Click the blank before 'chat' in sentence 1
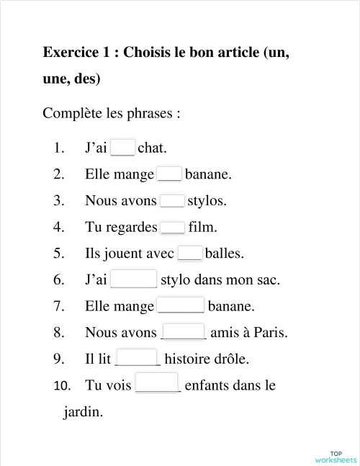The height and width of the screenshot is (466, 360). click(122, 148)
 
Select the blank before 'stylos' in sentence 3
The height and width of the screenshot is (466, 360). click(172, 201)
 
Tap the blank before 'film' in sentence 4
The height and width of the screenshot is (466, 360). click(173, 228)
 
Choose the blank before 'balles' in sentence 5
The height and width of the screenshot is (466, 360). click(189, 254)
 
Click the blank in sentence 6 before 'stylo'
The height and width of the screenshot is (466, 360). click(134, 279)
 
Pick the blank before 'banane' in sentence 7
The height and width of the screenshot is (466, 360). click(181, 306)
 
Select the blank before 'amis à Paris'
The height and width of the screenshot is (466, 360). click(184, 333)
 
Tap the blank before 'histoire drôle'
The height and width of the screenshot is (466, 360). click(137, 359)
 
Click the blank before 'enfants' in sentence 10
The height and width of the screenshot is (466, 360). click(157, 385)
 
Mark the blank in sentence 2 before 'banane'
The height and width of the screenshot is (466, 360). click(169, 174)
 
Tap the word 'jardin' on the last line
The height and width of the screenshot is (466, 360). click(83, 413)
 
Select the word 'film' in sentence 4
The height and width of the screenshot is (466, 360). click(202, 228)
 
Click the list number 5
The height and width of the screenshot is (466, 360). click(59, 254)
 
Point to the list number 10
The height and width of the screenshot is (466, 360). click(62, 385)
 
